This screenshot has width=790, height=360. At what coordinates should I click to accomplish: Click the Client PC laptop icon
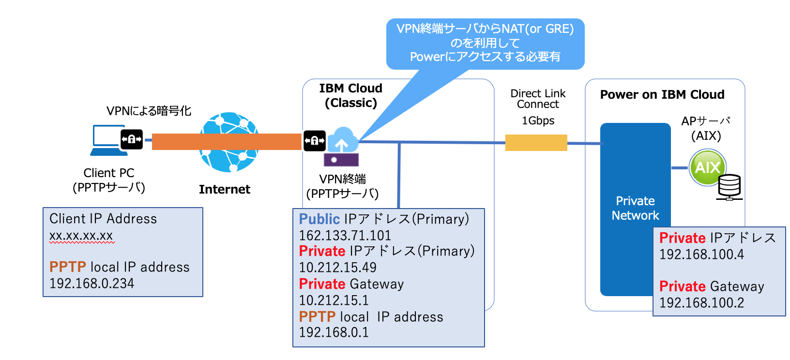(107, 140)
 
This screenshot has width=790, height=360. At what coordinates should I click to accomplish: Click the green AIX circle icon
(707, 167)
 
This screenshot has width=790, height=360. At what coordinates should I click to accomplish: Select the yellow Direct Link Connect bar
(536, 143)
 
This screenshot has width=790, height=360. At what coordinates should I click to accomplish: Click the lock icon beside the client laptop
(132, 139)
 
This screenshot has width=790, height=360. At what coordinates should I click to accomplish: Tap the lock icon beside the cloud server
(315, 141)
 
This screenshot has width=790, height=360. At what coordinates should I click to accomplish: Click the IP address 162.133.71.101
(345, 236)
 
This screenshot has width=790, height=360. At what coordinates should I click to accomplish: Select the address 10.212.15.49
(337, 268)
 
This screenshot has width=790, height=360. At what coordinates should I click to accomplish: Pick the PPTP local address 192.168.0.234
(91, 284)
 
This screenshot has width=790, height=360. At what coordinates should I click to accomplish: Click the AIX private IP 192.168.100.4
(701, 255)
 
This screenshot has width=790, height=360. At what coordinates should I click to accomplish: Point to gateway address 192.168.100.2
(701, 303)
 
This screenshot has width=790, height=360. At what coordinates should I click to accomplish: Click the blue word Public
(319, 219)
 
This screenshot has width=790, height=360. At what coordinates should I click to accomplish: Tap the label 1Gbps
(538, 120)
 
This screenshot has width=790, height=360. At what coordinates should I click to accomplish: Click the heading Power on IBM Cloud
(662, 94)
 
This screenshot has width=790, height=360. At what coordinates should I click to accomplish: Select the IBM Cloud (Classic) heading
(350, 95)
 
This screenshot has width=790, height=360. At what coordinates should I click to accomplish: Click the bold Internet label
(224, 189)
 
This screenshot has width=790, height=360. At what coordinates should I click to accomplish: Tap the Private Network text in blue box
(635, 208)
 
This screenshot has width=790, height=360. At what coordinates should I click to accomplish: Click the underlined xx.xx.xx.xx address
(81, 236)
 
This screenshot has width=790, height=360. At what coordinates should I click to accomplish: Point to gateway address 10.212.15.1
(334, 300)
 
